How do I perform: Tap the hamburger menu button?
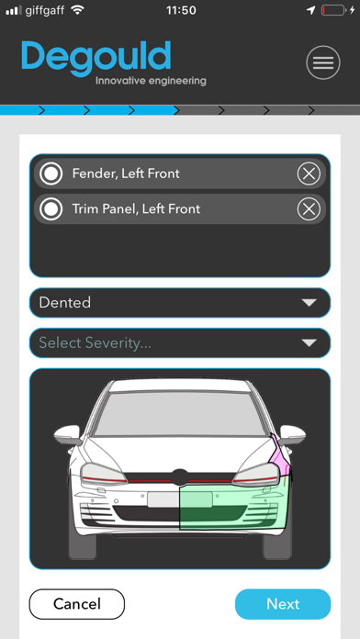pos(323,62)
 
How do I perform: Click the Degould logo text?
pos(96,58)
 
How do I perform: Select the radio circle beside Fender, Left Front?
pos(51,174)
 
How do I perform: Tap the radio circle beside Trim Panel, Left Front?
pos(51,209)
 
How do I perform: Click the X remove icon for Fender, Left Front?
pos(309,174)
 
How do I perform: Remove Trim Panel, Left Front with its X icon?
pos(309,209)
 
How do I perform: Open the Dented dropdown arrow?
pos(309,303)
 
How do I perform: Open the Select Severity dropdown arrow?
pos(309,343)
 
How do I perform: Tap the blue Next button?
pos(283,604)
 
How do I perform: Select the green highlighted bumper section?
pos(233,505)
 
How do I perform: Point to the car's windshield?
pos(180,413)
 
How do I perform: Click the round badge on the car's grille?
pos(180,477)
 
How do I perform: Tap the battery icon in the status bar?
pos(333,10)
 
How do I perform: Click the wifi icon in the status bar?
pos(77,10)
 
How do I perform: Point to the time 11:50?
pos(181,10)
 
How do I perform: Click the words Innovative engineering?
pos(151,81)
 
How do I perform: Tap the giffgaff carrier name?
pos(44,10)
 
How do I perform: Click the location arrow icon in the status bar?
pos(311,10)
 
